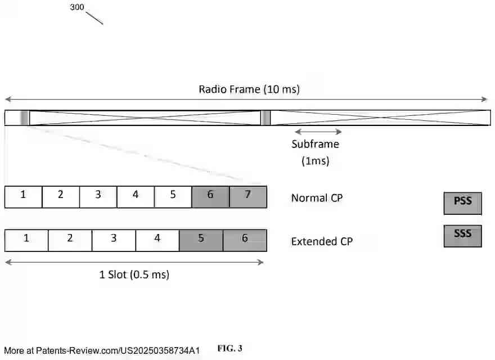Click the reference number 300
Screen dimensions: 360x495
click(x=77, y=7)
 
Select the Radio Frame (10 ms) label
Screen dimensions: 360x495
click(x=249, y=89)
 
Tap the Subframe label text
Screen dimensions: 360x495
click(x=315, y=144)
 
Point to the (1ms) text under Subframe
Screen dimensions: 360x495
click(x=315, y=161)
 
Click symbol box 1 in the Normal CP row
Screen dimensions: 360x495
click(x=23, y=196)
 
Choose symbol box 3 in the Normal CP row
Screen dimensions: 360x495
click(x=98, y=196)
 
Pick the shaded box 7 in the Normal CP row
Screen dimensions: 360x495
click(x=248, y=196)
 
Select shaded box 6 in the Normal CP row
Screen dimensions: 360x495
click(x=210, y=196)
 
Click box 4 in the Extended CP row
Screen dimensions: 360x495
click(x=157, y=240)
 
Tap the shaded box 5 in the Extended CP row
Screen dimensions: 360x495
click(x=201, y=240)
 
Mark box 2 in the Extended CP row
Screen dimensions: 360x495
click(x=70, y=240)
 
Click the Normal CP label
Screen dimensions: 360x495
click(x=317, y=198)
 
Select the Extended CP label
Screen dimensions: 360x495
click(x=321, y=242)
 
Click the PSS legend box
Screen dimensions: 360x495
click(x=462, y=203)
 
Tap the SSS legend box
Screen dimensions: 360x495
click(x=462, y=236)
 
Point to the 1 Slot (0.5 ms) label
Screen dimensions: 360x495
click(x=134, y=274)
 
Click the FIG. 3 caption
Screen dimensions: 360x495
click(x=229, y=348)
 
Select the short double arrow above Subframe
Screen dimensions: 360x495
click(x=318, y=132)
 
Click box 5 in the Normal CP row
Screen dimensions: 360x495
click(x=173, y=196)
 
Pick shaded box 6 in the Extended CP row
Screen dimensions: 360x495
click(x=245, y=240)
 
